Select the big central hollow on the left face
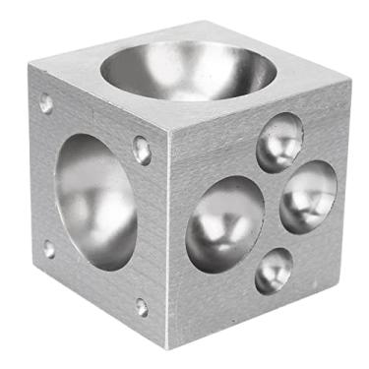click(96, 201)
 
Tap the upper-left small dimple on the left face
click(46, 102)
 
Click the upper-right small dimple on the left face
click(142, 150)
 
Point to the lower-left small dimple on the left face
click(49, 249)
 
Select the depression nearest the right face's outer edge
click(308, 197)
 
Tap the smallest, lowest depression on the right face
click(273, 270)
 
